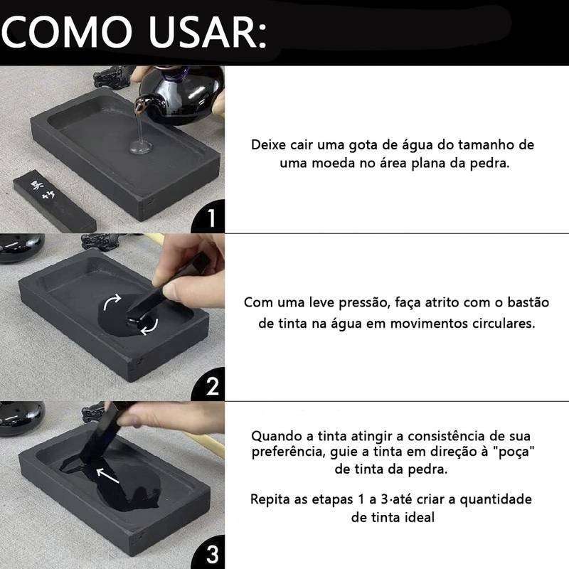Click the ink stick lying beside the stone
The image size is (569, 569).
[x=53, y=203]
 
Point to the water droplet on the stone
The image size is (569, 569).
[x=140, y=148]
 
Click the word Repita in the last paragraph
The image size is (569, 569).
[x=270, y=499]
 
